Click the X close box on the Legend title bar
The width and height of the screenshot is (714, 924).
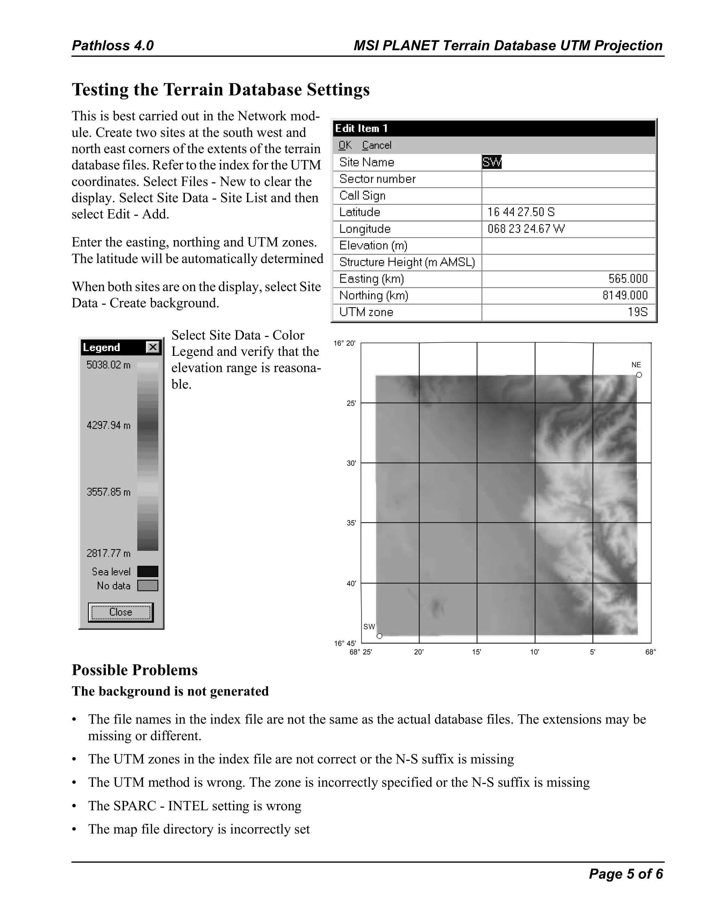152,348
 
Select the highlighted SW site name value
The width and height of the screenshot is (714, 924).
491,162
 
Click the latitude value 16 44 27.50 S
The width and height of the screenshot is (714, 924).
521,212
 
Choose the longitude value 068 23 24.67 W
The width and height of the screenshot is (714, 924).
526,229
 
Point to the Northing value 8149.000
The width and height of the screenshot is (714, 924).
625,295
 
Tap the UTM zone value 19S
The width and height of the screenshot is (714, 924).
637,312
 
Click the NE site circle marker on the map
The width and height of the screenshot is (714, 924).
639,375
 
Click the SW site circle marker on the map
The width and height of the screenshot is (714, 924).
379,636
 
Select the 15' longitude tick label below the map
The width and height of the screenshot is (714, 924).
477,652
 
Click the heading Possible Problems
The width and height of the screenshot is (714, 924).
135,670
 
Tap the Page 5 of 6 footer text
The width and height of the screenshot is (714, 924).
625,874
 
